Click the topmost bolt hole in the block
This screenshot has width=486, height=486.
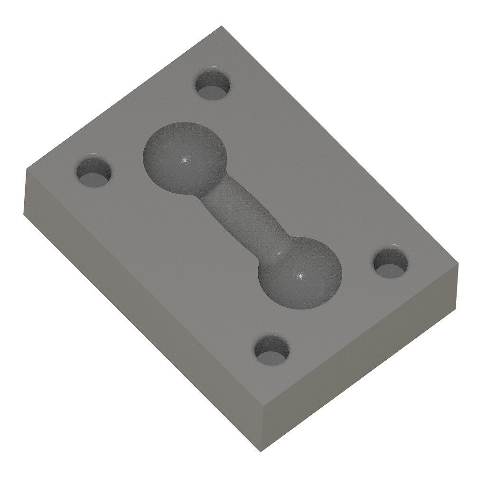click(213, 85)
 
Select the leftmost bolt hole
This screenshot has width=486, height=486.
click(94, 172)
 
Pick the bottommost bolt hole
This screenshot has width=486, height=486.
click(272, 350)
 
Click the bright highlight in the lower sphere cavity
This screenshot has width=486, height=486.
click(299, 275)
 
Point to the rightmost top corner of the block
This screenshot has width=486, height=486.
click(459, 263)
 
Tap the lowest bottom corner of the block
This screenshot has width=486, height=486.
click(261, 451)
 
